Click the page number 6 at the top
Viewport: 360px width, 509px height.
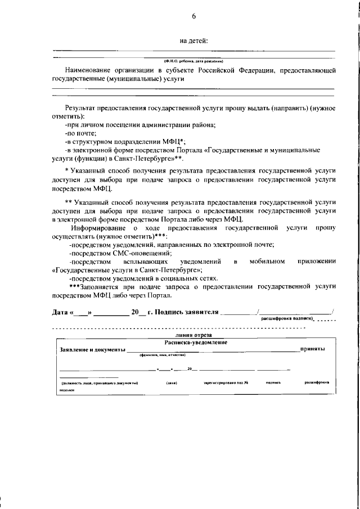tap(193, 16)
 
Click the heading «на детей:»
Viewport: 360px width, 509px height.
tap(194, 40)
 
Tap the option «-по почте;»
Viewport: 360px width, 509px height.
tap(80, 133)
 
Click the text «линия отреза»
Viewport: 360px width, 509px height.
tap(194, 335)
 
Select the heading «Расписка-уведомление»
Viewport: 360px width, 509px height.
tap(196, 342)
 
